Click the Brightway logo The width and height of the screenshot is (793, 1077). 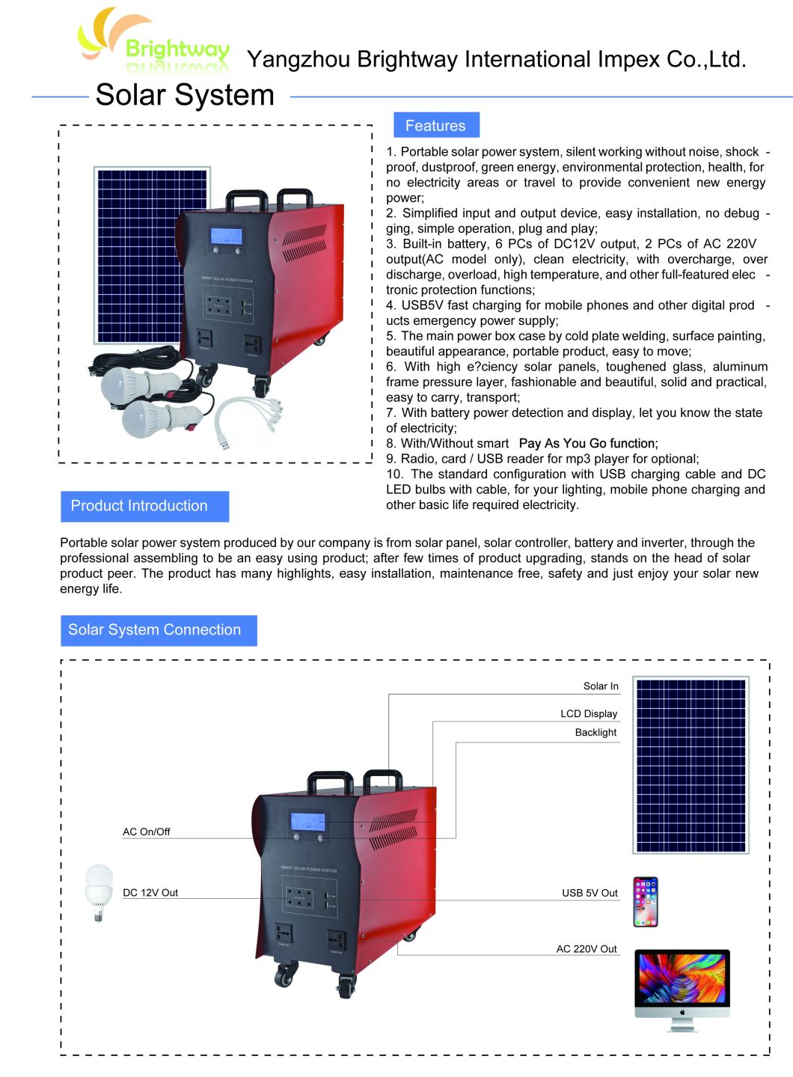click(153, 41)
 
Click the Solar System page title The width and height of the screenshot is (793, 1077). click(185, 95)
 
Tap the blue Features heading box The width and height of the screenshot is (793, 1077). click(435, 126)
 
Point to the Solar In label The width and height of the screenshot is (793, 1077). click(601, 686)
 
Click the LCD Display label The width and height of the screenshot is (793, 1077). click(589, 714)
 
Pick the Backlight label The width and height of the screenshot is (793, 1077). click(595, 733)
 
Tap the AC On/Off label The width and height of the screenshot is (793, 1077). click(147, 832)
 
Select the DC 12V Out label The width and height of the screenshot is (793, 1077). click(150, 893)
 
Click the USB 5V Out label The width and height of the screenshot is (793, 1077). click(590, 893)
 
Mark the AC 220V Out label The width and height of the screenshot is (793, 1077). click(587, 949)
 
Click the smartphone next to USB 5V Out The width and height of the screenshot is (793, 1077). click(646, 902)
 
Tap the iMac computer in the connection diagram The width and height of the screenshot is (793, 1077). click(682, 988)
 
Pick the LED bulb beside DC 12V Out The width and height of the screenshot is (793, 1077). click(99, 891)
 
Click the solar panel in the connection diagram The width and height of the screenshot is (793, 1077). click(691, 765)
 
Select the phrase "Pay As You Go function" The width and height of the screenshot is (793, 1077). click(588, 443)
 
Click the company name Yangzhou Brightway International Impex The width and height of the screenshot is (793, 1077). click(496, 59)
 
